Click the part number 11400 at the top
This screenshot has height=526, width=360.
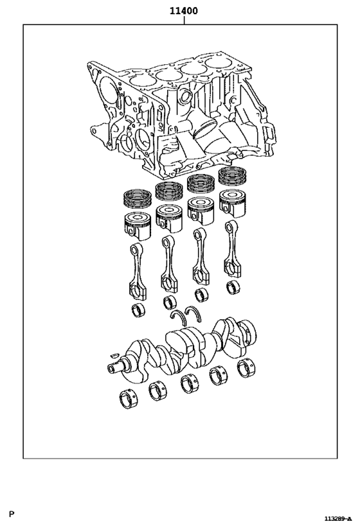point(183,11)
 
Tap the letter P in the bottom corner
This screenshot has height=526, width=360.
point(12,514)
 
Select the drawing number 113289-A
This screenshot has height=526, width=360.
point(337,518)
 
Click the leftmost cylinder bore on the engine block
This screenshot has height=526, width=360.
point(139,83)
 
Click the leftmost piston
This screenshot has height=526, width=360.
point(136,225)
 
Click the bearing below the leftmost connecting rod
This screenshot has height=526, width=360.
point(138,311)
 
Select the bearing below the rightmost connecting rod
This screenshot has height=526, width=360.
point(232,287)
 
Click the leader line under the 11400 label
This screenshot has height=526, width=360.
point(184,21)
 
